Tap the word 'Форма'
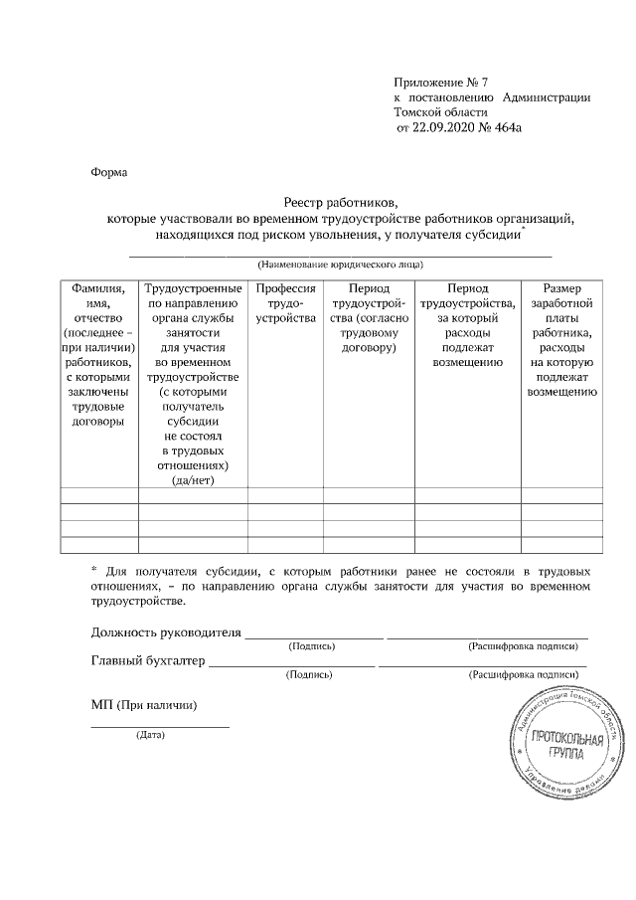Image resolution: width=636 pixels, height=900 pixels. point(109,170)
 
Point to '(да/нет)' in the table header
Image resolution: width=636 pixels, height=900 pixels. point(193,479)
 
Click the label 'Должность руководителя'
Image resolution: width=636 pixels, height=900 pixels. point(166,631)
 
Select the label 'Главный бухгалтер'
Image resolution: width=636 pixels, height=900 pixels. point(147,660)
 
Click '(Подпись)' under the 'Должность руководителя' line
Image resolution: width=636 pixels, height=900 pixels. point(312,645)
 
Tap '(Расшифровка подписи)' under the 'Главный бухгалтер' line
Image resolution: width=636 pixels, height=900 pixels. point(523,674)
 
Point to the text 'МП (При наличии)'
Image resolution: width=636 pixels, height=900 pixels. point(143,705)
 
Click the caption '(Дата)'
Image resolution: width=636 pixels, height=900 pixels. point(151,736)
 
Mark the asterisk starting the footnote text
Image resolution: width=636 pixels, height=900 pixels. point(93,571)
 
